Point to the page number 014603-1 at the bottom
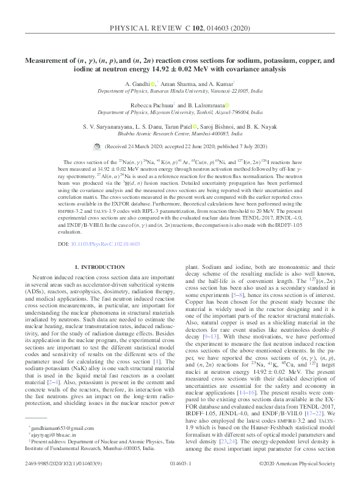(x=180, y=463)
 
